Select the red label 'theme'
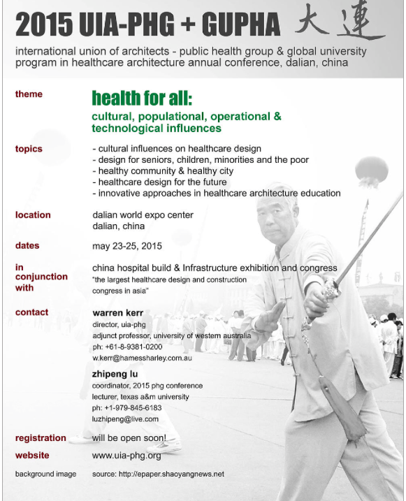point(29,94)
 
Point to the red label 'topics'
point(29,149)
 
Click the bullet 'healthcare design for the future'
point(159,182)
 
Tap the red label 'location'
point(33,215)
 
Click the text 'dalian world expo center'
point(143,215)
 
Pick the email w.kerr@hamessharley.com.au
point(142,358)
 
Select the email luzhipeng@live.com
point(126,419)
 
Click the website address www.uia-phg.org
point(126,456)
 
